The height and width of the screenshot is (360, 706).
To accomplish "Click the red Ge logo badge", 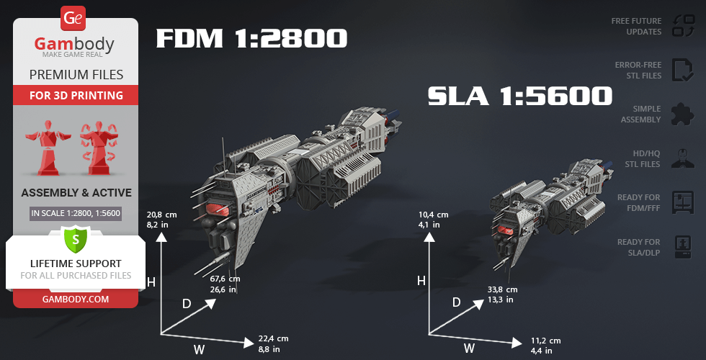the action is coord(73,18).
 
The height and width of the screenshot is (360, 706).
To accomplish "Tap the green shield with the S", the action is coord(75,240).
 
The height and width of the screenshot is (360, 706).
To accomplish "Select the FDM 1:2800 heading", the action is coord(251,38).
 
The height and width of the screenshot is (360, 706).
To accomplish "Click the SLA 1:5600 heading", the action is coord(520,96).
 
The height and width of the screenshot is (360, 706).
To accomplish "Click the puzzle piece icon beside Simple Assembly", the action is coord(683,114).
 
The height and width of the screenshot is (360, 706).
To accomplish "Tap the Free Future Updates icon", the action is coord(684,26).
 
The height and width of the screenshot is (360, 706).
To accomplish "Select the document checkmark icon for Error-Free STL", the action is coord(683,70).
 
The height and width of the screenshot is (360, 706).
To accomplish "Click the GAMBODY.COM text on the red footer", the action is coord(76,300).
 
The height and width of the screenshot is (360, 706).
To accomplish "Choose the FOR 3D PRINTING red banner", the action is coord(76,95).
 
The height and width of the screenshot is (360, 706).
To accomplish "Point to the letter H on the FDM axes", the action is coord(151,282).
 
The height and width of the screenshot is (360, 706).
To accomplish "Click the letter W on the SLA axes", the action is coord(470,348).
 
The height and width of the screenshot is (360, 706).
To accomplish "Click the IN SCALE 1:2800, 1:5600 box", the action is coord(76,213).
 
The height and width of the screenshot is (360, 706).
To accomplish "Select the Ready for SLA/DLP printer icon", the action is coord(683,247).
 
